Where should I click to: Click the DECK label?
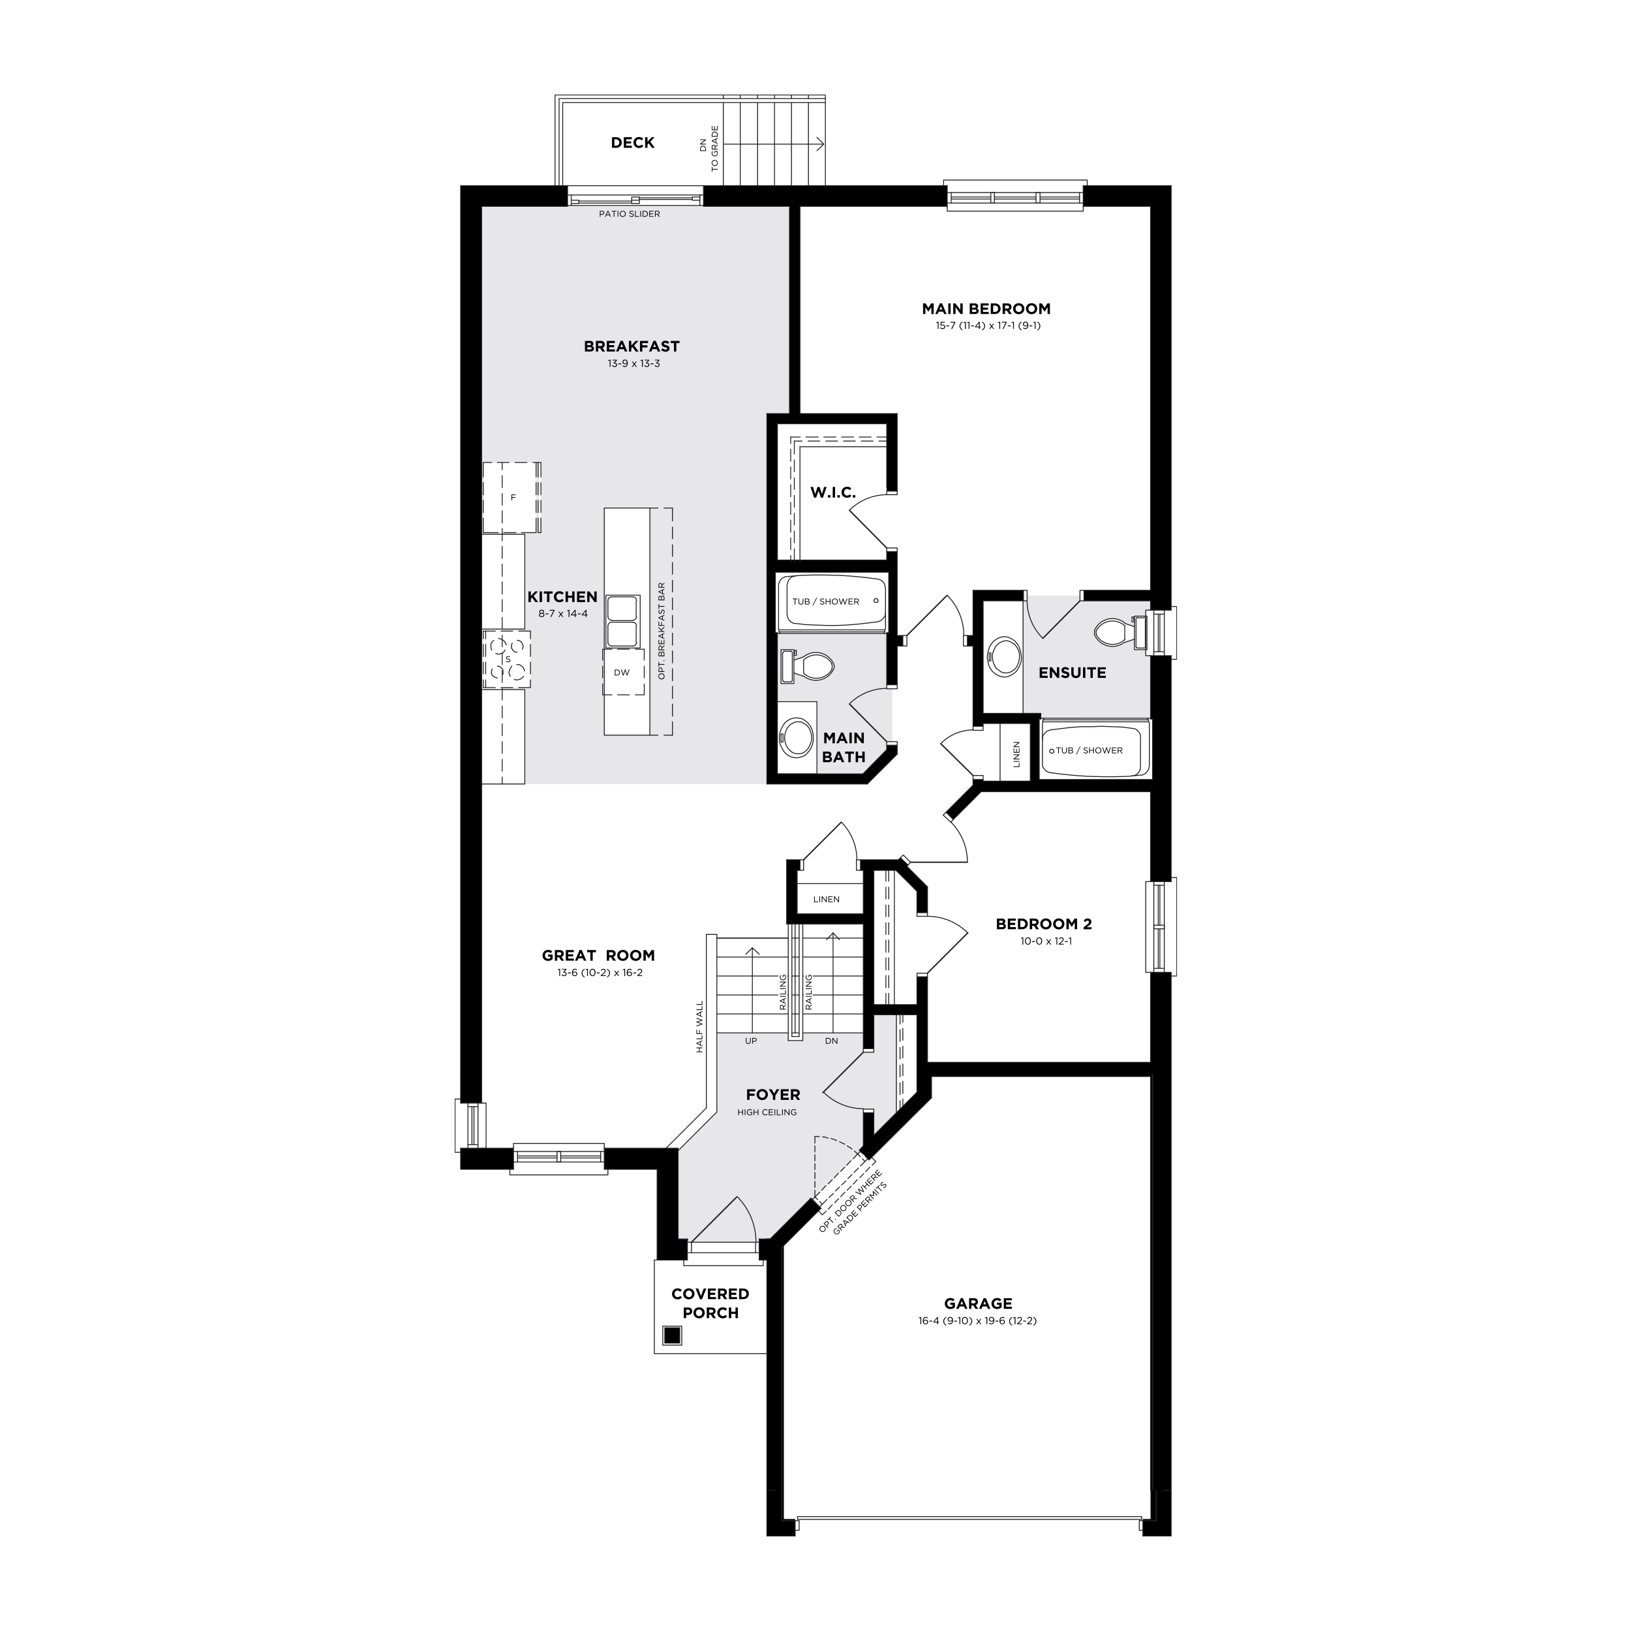pyautogui.click(x=632, y=143)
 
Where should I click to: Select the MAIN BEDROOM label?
pyautogui.click(x=986, y=309)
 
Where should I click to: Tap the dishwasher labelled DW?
pyautogui.click(x=623, y=672)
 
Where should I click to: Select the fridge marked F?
pyautogui.click(x=511, y=497)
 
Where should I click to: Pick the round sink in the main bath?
pyautogui.click(x=795, y=736)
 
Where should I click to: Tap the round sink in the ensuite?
pyautogui.click(x=1004, y=656)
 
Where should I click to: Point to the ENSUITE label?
pyautogui.click(x=1072, y=673)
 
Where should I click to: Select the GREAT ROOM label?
pyautogui.click(x=598, y=956)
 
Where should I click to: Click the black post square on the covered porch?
pyautogui.click(x=672, y=1335)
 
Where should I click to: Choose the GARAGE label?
pyautogui.click(x=977, y=1304)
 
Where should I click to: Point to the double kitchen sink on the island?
pyautogui.click(x=622, y=620)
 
